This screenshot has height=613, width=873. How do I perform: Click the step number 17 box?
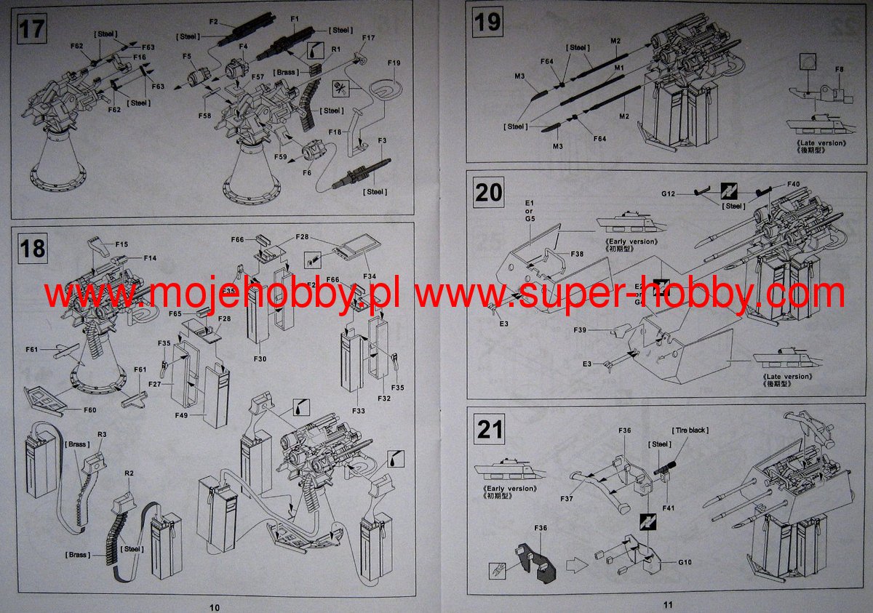tap(31, 30)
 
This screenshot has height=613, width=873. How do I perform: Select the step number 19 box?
tap(487, 22)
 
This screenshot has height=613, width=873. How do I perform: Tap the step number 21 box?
tap(490, 429)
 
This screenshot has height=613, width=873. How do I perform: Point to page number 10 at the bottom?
tap(213, 606)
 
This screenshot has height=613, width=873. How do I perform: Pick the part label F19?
tap(394, 64)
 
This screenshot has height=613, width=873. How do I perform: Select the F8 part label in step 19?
tap(840, 70)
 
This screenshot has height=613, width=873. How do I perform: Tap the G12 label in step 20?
tap(669, 193)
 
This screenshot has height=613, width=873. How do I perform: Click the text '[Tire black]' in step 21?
tap(690, 430)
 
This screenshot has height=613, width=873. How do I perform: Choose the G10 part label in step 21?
tap(685, 562)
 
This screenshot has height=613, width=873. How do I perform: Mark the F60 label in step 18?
tap(89, 410)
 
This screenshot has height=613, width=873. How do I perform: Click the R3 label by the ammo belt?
tap(102, 434)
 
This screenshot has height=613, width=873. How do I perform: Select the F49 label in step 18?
tap(182, 416)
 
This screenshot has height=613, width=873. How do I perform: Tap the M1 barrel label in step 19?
tap(620, 67)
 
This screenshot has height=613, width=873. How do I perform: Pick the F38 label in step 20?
tap(577, 255)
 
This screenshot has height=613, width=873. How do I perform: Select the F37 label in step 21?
tap(567, 500)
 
